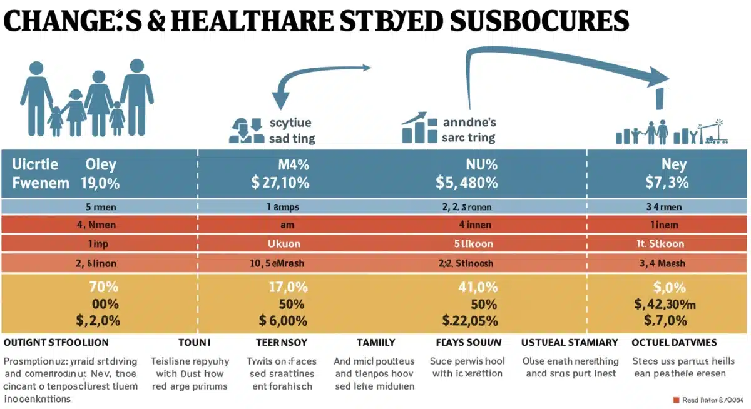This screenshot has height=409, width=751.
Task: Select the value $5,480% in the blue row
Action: pyautogui.click(x=466, y=183)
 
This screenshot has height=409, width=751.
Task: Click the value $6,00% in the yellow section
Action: pyautogui.click(x=283, y=321)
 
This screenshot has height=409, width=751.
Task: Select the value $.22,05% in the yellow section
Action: pyautogui.click(x=469, y=321)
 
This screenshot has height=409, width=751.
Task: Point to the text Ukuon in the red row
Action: pyautogui.click(x=284, y=243)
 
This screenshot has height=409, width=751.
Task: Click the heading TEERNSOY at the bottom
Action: pyautogui.click(x=282, y=343)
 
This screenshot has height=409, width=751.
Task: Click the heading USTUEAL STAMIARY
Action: pyautogui.click(x=570, y=343)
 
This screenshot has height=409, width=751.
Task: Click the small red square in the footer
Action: pyautogui.click(x=675, y=400)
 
